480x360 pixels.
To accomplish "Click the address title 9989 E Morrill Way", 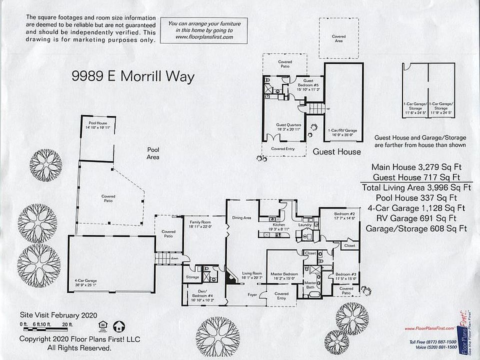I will tap(132, 76).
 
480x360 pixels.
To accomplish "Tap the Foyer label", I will tap(252, 295).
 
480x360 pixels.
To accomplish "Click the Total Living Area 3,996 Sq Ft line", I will tap(416, 188).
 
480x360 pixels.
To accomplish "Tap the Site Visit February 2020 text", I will tap(58, 315).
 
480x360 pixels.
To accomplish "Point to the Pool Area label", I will tap(153, 153).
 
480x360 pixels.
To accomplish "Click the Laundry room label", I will tap(304, 225).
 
